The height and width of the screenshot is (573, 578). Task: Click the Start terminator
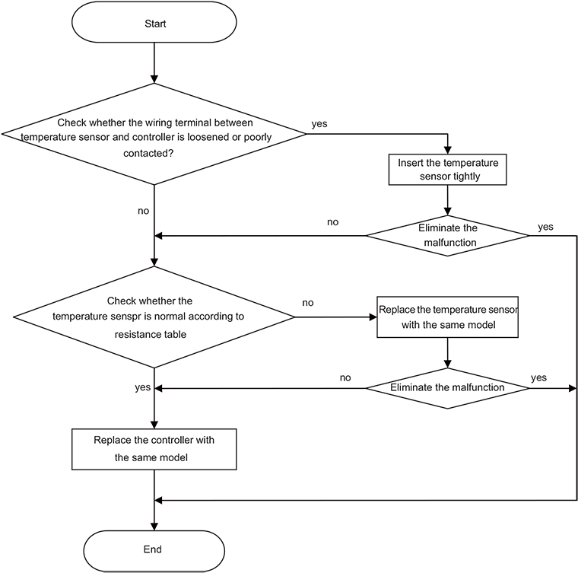pyautogui.click(x=154, y=24)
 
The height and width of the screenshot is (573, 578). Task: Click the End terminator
pyautogui.click(x=153, y=549)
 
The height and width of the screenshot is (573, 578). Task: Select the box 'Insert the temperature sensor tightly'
pyautogui.click(x=448, y=170)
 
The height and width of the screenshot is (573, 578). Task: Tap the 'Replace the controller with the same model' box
pyautogui.click(x=154, y=449)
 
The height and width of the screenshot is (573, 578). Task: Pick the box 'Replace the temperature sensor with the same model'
pyautogui.click(x=448, y=317)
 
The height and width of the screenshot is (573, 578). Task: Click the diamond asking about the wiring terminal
pyautogui.click(x=154, y=134)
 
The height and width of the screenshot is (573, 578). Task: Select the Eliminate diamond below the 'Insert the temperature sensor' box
pyautogui.click(x=448, y=234)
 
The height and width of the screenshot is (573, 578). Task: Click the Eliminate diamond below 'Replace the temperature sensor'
pyautogui.click(x=448, y=387)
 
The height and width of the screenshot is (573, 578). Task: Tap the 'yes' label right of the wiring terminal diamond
pyautogui.click(x=319, y=123)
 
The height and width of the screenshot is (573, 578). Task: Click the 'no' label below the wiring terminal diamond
pyautogui.click(x=143, y=211)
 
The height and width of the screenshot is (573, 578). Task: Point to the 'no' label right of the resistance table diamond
pyautogui.click(x=307, y=303)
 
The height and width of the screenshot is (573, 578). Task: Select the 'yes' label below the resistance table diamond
pyautogui.click(x=142, y=387)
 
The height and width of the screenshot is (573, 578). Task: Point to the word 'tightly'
pyautogui.click(x=465, y=177)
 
